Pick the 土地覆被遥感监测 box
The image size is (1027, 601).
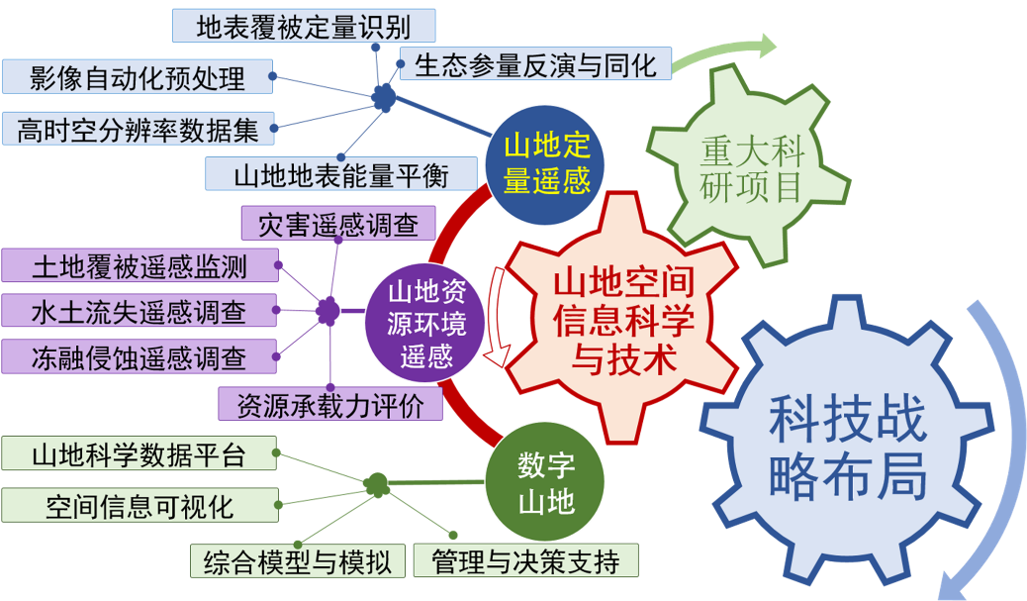[x=140, y=265]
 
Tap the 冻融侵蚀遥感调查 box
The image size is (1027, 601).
[x=139, y=356]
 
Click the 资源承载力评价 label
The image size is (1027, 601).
[x=330, y=403]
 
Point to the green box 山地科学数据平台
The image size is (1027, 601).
[x=138, y=454]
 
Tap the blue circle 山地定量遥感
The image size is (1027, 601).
[x=546, y=163]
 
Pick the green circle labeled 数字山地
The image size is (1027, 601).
[x=546, y=485]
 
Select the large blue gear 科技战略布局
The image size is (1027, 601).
[x=849, y=451]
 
